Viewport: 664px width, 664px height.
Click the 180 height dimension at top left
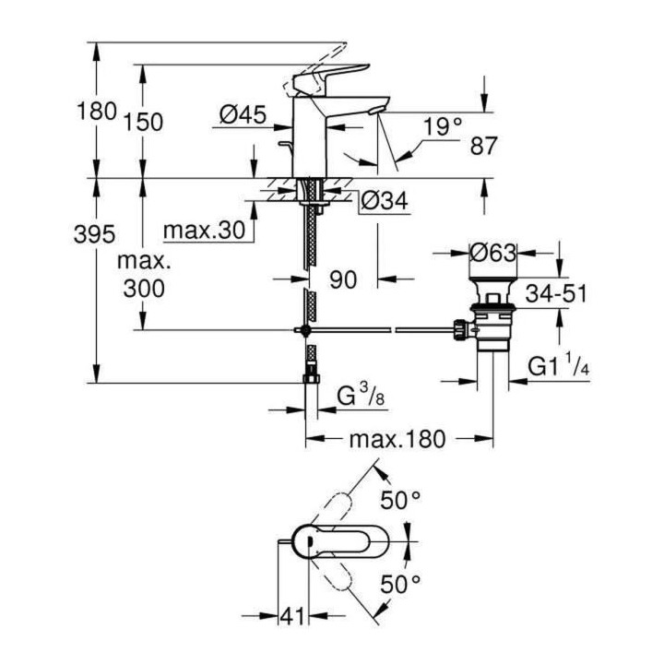(x=97, y=113)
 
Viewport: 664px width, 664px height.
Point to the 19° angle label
(x=444, y=125)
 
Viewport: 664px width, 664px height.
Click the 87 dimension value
(x=483, y=145)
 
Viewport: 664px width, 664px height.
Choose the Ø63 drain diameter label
(x=492, y=254)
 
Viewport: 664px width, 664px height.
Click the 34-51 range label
(x=556, y=293)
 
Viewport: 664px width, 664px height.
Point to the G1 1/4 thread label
(x=559, y=366)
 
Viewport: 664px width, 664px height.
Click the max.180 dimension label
(x=397, y=439)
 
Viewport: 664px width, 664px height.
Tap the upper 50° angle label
(x=400, y=500)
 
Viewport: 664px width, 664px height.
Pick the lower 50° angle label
(x=400, y=583)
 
